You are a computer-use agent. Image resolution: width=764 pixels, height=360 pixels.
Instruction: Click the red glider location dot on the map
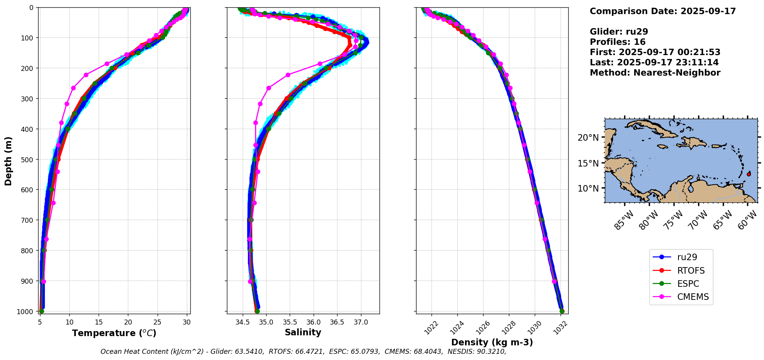(x=749, y=174)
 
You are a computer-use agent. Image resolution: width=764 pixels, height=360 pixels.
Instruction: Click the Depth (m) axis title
(x=8, y=161)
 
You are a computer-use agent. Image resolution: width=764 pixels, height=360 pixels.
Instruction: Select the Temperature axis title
(x=114, y=333)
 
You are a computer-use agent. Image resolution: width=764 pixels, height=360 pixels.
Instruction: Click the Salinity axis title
(x=303, y=333)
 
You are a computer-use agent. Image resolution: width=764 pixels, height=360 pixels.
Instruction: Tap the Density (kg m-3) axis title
(x=492, y=342)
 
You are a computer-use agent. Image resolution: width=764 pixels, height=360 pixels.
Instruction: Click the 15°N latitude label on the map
(x=588, y=163)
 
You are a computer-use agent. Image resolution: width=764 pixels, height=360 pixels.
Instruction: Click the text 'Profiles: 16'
(x=617, y=42)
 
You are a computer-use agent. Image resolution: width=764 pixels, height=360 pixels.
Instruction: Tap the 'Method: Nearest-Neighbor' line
(x=655, y=73)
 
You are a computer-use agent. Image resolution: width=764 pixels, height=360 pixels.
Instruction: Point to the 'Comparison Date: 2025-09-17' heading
(x=663, y=11)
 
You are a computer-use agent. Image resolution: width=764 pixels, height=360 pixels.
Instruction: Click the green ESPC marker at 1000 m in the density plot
(x=562, y=311)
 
